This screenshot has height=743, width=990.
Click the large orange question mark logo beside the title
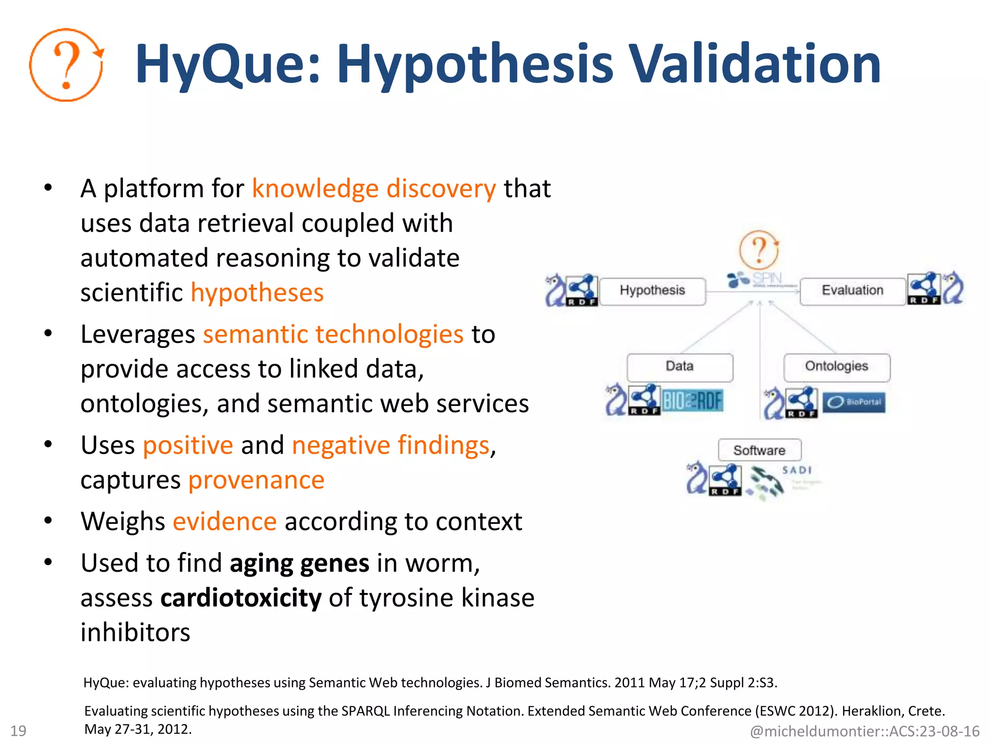coord(66,65)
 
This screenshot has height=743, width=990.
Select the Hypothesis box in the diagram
coord(652,291)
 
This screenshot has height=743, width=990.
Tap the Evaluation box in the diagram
coord(852,291)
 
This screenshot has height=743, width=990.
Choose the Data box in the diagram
coord(680,367)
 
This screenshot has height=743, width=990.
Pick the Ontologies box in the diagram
coord(836,367)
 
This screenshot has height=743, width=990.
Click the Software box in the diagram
coord(759,450)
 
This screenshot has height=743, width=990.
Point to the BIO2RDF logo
coord(692,401)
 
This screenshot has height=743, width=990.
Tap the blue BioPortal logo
coord(854,402)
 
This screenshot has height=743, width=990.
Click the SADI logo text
coord(797,470)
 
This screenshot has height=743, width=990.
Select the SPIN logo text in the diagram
coord(767,279)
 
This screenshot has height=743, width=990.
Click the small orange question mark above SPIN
coord(759,250)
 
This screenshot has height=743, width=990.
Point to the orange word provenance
coord(256,480)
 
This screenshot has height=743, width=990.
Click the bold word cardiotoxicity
coord(241,598)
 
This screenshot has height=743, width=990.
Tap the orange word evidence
coord(225,521)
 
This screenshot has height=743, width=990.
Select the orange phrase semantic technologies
coord(333,334)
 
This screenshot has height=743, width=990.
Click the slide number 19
coord(18,730)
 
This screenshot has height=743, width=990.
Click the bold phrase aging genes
coord(299,564)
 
